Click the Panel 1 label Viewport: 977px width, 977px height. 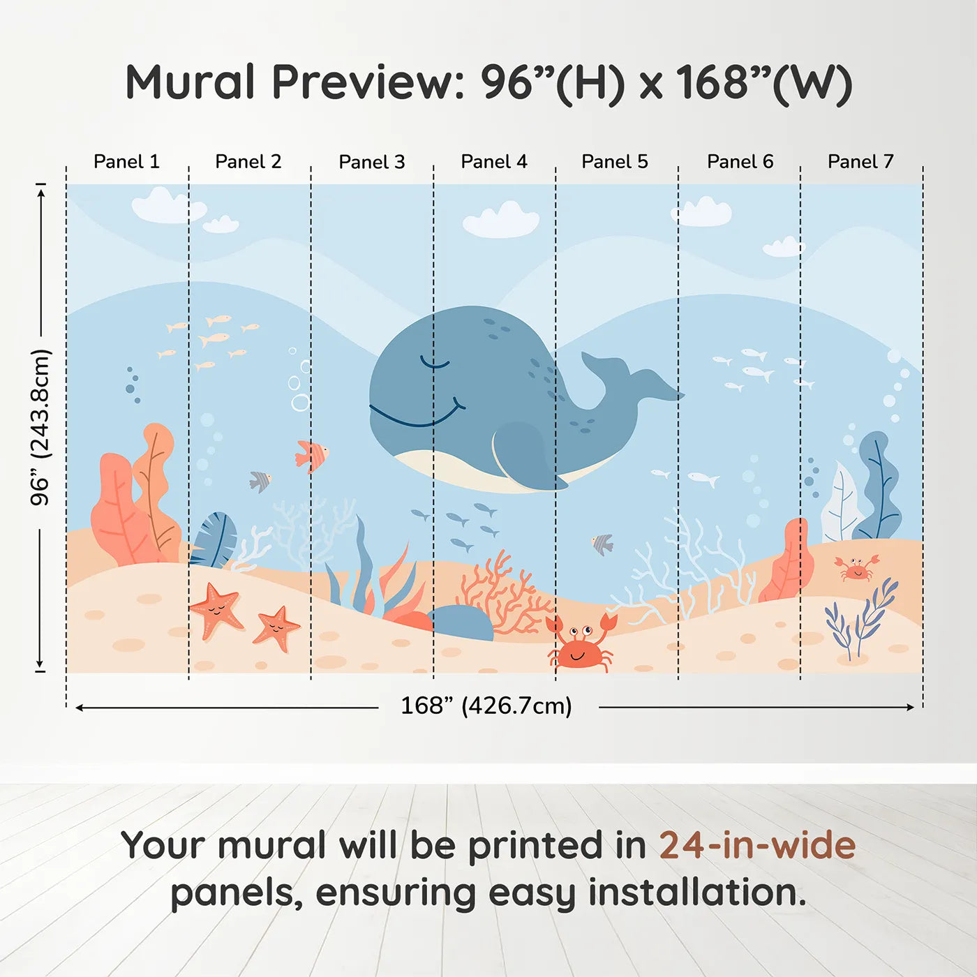(x=126, y=162)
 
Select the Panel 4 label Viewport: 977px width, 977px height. (x=493, y=162)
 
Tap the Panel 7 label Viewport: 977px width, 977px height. (x=860, y=162)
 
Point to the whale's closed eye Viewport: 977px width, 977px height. (x=434, y=363)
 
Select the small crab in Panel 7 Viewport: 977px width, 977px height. (x=856, y=568)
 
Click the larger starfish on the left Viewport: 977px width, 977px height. (x=216, y=609)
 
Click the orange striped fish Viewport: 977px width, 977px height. (x=311, y=455)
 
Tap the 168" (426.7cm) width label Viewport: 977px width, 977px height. (x=486, y=706)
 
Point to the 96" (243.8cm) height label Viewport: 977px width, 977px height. (x=40, y=427)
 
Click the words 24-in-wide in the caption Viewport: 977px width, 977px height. (x=756, y=846)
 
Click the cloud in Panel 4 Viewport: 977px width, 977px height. (x=500, y=221)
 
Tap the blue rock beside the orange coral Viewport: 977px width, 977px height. (x=461, y=622)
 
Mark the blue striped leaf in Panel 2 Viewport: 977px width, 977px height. (x=214, y=539)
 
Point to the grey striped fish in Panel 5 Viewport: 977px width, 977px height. (x=602, y=544)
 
